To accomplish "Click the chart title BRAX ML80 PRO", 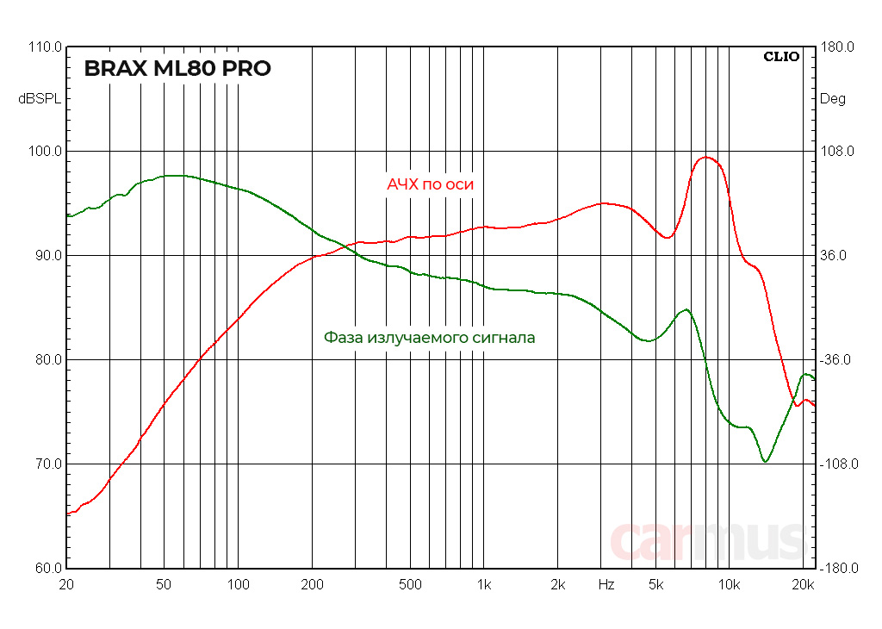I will [x=177, y=69].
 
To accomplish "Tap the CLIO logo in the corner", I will [x=781, y=57].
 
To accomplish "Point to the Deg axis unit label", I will [x=832, y=99].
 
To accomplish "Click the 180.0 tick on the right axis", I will [x=835, y=47].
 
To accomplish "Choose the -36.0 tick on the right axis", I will [x=835, y=360].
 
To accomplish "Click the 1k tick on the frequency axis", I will [x=484, y=585].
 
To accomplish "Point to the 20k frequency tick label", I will [x=804, y=585].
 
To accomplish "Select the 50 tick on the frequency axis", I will [x=164, y=585].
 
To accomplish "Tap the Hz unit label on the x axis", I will [x=606, y=585].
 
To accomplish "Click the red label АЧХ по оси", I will [x=430, y=184].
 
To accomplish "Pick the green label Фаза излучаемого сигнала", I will [x=429, y=338].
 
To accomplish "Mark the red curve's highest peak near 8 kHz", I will [x=706, y=157].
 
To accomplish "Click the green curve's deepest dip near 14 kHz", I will [x=765, y=462].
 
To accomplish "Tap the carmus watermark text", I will [x=706, y=541].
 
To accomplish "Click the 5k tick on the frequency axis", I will [x=655, y=585].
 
